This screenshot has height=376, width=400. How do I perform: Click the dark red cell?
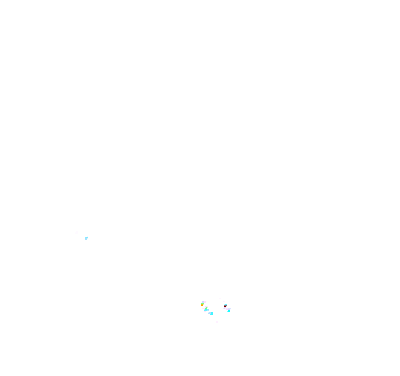point(225,306)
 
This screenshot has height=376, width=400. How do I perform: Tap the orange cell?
point(202,305)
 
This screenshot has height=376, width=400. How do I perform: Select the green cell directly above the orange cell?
point(202,304)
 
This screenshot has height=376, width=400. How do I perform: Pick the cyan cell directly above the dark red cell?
point(226,305)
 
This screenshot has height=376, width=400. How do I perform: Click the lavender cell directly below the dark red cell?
point(225,308)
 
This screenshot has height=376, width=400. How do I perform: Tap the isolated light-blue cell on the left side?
point(86,238)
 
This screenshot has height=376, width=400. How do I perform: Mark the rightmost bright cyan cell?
point(229,311)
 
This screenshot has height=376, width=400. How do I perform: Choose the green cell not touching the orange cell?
point(206,308)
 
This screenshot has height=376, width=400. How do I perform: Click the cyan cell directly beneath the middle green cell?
point(206,310)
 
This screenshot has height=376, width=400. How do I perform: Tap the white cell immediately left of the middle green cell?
point(204,308)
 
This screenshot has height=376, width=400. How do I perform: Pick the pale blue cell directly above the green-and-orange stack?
point(203,302)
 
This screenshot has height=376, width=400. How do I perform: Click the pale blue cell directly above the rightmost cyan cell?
point(229,309)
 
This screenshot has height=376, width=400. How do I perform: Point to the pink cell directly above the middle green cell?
point(206,307)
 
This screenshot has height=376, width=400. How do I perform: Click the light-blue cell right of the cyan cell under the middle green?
point(208,310)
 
